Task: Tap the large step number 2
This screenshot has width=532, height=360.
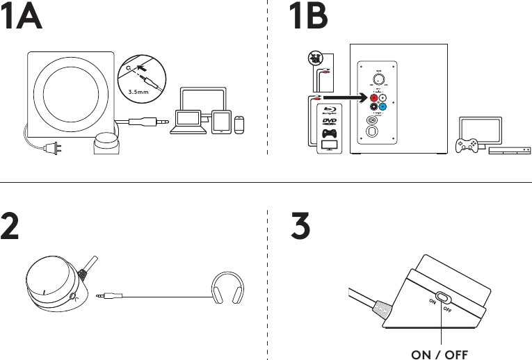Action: click(x=11, y=227)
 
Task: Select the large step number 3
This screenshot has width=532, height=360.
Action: click(x=301, y=227)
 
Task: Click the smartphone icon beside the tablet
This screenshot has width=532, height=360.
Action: click(x=240, y=124)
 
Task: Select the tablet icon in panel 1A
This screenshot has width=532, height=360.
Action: click(x=221, y=122)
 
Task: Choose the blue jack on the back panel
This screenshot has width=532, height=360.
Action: click(x=383, y=108)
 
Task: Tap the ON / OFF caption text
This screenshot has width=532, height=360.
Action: click(x=440, y=354)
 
